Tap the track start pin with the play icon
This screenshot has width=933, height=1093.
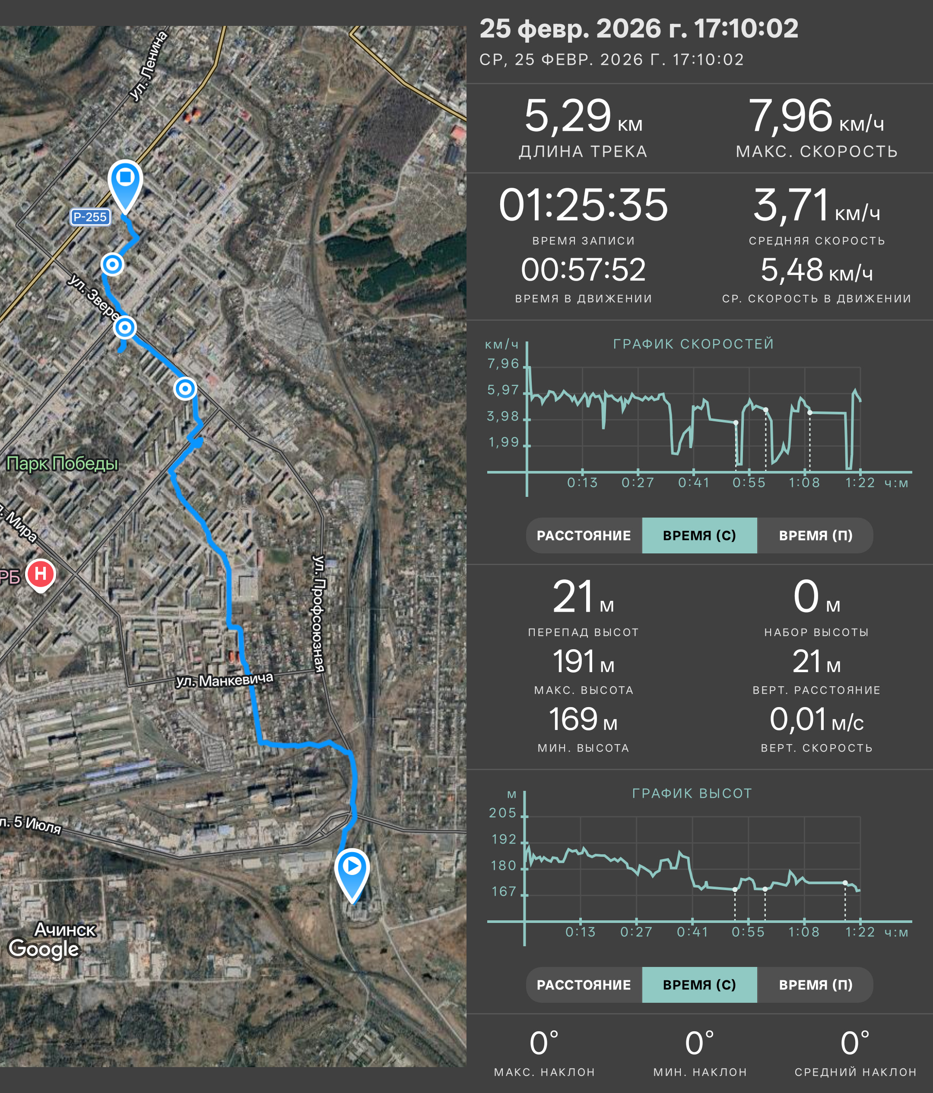[x=352, y=875]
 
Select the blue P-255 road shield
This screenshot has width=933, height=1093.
[x=90, y=217]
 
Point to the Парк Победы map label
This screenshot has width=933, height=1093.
[x=62, y=463]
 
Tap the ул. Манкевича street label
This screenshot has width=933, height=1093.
[x=224, y=680]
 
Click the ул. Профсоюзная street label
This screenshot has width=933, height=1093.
[x=319, y=613]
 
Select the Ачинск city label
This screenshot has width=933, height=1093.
[x=65, y=929]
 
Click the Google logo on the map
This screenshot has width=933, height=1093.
[x=44, y=948]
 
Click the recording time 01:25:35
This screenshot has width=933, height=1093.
[x=583, y=205]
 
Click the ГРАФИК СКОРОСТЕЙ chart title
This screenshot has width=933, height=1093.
[x=693, y=344]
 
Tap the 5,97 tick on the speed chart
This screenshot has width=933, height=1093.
[x=503, y=390]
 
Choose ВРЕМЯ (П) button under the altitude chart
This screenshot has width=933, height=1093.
[x=816, y=985]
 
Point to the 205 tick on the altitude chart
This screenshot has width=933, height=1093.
[x=502, y=813]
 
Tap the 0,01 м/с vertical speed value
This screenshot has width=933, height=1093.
[x=816, y=720]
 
